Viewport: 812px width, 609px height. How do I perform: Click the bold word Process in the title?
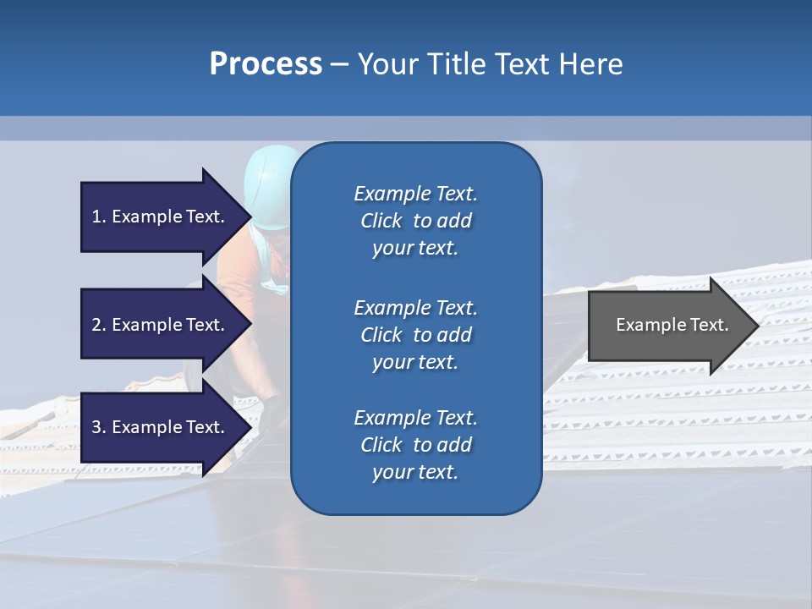(x=266, y=64)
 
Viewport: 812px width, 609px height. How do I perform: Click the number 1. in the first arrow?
(x=99, y=217)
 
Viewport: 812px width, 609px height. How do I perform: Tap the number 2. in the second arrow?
(x=99, y=325)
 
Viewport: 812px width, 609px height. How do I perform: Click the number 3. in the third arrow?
(x=99, y=427)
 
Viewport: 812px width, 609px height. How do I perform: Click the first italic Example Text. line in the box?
(x=415, y=194)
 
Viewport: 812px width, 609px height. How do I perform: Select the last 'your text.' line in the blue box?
(x=415, y=472)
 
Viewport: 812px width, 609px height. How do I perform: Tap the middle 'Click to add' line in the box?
(x=415, y=335)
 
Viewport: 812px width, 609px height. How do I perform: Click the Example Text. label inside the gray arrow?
(x=672, y=325)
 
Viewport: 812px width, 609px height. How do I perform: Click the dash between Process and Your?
(x=339, y=66)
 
